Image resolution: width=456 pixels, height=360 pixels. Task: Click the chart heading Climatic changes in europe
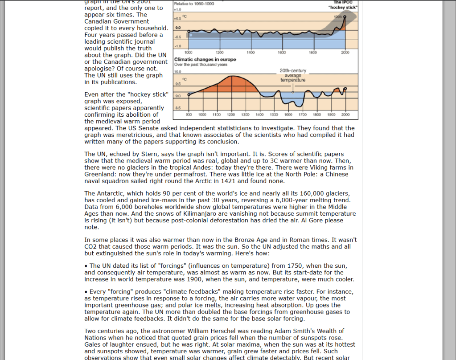(x=205, y=60)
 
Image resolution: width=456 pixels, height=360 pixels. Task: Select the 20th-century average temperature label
(x=293, y=75)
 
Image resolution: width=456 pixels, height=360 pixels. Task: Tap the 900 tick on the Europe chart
(x=188, y=115)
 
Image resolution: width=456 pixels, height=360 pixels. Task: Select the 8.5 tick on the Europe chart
(x=177, y=108)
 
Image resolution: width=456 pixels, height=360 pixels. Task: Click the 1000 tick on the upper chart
(x=188, y=53)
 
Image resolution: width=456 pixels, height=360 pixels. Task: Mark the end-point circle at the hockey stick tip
(x=345, y=16)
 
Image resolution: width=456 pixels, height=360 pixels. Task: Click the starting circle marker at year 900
(x=189, y=95)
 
